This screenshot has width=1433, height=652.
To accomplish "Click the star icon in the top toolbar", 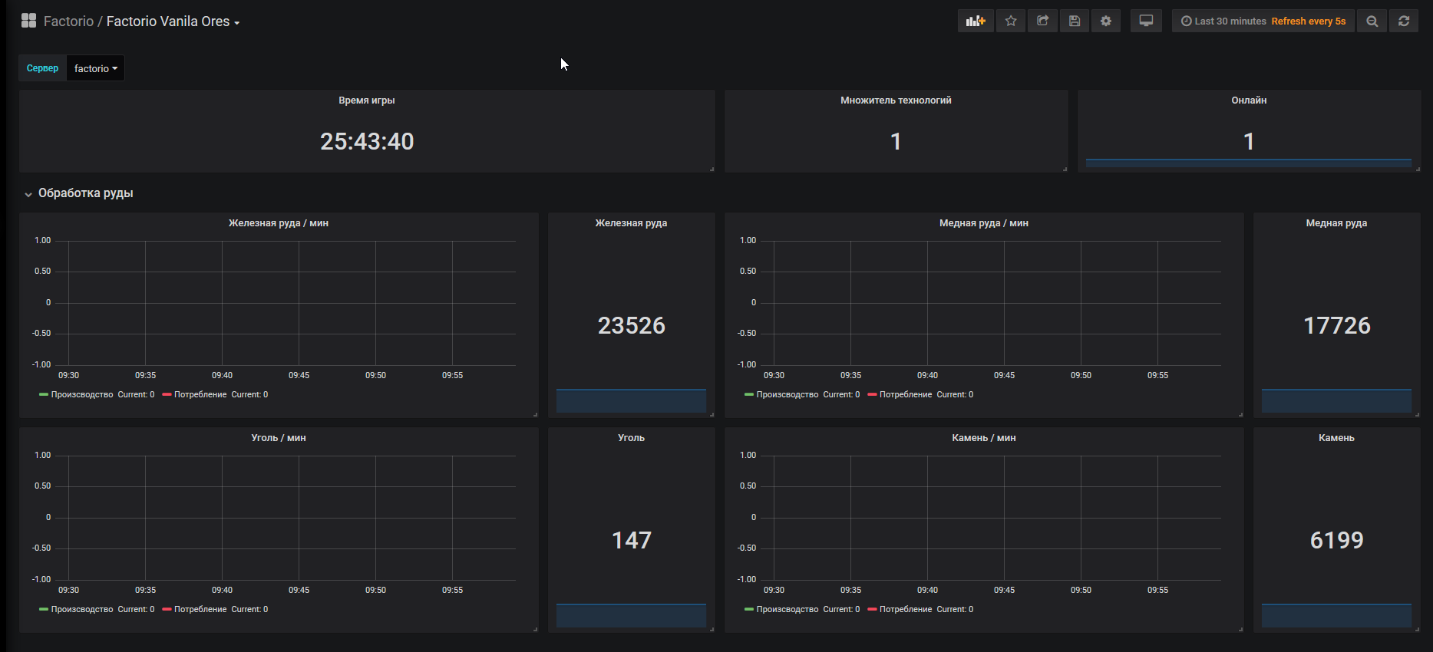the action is tap(1011, 21).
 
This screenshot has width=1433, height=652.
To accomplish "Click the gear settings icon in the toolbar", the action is tap(1106, 21).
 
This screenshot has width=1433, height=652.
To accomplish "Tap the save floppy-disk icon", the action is tap(1075, 21).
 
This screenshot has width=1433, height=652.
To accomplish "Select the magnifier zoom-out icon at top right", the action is tap(1372, 21).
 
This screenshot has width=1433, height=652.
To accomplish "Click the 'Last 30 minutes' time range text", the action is tap(1230, 21).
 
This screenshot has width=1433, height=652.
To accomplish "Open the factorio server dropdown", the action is tap(96, 68).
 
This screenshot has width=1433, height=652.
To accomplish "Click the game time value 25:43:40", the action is tap(367, 141).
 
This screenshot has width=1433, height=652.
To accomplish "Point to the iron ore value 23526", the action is tap(632, 325).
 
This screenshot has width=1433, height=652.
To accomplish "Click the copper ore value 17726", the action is tap(1337, 325).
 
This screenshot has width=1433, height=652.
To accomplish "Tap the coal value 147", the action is tap(632, 540).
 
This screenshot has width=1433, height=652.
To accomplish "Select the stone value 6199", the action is tap(1337, 540).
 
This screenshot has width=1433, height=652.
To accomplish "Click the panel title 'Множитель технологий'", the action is tap(896, 100).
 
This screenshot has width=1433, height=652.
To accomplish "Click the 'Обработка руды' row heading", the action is tap(86, 193).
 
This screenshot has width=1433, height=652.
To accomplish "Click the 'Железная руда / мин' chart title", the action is tap(279, 223).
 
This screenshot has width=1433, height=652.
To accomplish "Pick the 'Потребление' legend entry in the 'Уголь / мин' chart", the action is tap(200, 609).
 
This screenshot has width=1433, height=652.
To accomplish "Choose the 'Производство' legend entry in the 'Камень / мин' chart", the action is tap(787, 609).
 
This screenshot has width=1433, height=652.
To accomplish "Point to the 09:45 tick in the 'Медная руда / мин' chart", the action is tap(1004, 375).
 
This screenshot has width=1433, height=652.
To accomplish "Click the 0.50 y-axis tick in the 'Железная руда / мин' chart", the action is tap(42, 271).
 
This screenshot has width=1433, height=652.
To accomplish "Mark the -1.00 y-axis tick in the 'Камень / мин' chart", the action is tap(747, 579).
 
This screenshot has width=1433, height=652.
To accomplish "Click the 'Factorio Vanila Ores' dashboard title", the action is tap(168, 21).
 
